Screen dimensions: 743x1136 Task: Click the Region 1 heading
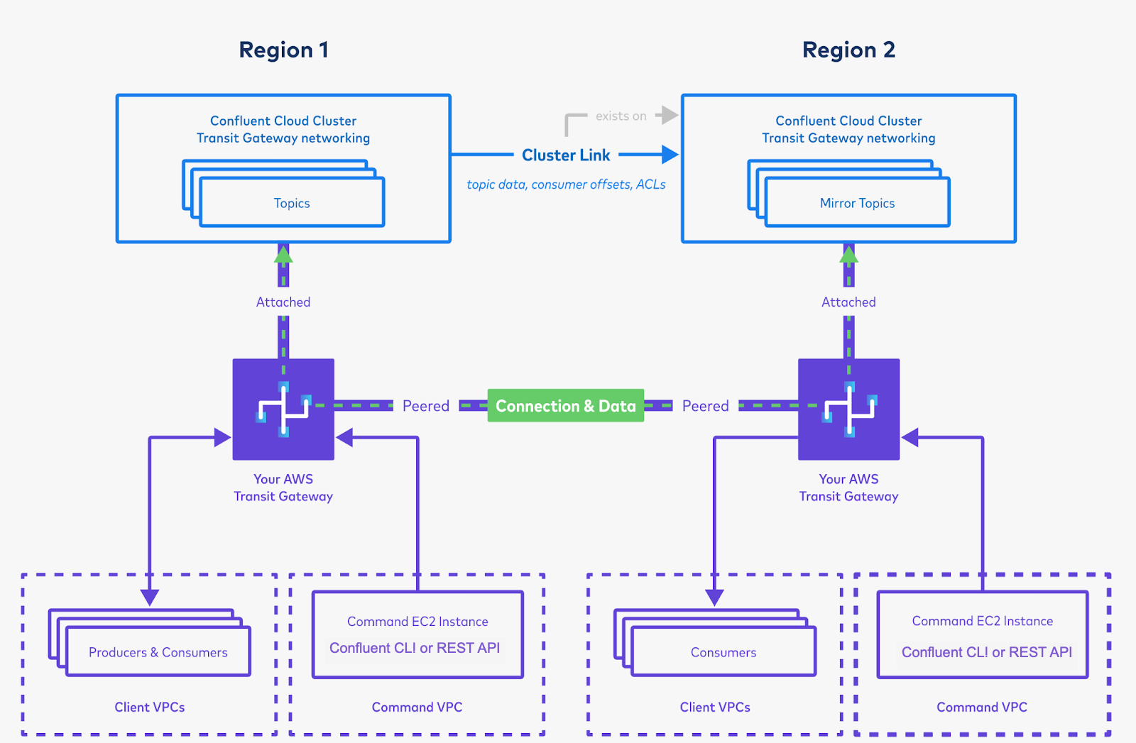pos(283,50)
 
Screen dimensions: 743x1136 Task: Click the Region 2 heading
pos(848,50)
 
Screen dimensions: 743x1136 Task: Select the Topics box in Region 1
pos(292,203)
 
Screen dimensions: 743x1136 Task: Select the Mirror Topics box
pos(857,203)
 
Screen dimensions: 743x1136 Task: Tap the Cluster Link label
pos(566,155)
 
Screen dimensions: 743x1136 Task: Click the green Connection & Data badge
pos(565,406)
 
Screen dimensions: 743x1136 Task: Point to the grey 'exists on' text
pos(621,116)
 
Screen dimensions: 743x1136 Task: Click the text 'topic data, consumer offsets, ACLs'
pos(566,185)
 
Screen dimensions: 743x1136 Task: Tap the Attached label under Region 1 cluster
pos(283,302)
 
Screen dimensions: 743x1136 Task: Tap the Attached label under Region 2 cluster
pos(848,302)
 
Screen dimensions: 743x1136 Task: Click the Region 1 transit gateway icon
pos(283,409)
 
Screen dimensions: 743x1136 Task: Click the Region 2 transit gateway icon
pos(848,409)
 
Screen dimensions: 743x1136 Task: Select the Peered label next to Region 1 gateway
pos(426,406)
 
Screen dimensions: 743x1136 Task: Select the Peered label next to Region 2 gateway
pos(705,406)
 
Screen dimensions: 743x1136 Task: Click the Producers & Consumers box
pos(158,652)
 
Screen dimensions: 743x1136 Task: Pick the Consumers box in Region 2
pos(723,652)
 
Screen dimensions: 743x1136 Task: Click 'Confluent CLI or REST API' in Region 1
pos(415,648)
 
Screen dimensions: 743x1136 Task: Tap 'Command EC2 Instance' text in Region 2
pos(982,621)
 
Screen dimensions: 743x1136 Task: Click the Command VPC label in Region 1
pos(417,708)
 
